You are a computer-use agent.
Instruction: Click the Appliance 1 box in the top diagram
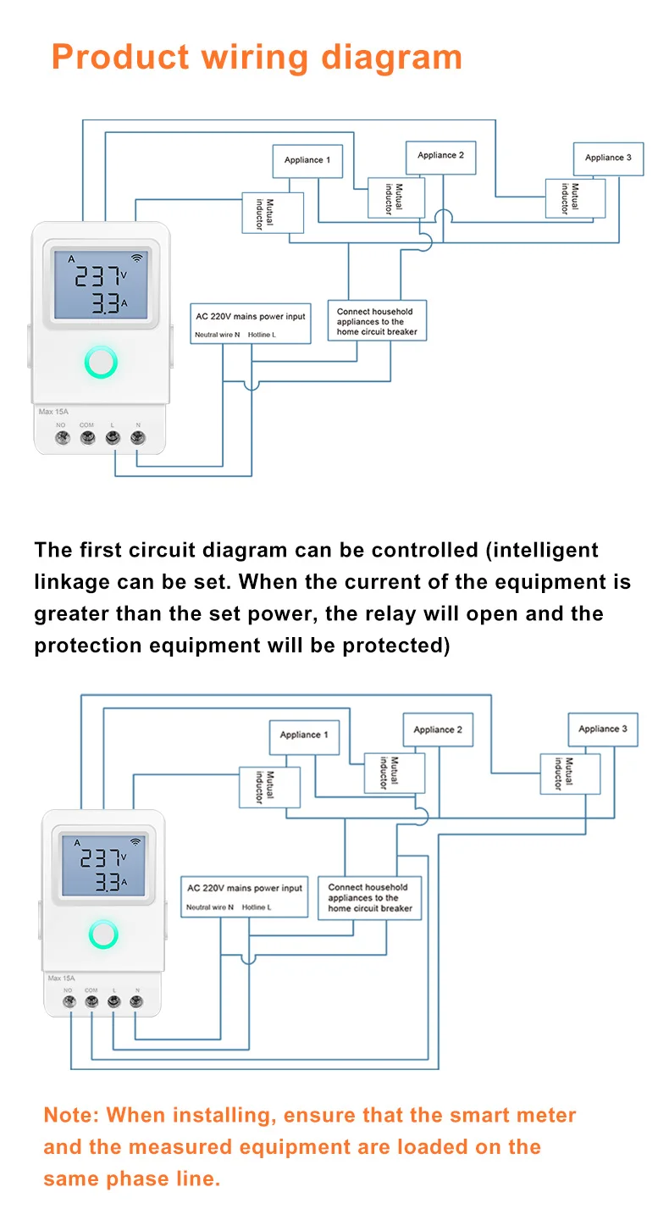[x=307, y=160]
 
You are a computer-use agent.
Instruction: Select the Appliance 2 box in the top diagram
[x=440, y=158]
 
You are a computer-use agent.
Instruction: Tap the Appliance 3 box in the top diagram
[x=608, y=158]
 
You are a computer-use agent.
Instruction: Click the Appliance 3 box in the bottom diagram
[x=603, y=729]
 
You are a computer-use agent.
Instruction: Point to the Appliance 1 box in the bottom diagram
[x=304, y=737]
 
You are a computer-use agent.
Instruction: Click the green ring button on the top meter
[x=101, y=362]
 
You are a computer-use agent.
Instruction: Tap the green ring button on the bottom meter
[x=103, y=934]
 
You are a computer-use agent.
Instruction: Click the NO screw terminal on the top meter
[x=63, y=438]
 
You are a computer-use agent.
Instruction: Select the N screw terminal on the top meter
[x=137, y=438]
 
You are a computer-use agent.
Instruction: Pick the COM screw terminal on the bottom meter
[x=91, y=1001]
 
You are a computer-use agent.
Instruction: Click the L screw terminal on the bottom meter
[x=113, y=1001]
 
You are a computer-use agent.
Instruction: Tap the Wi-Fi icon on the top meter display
[x=136, y=258]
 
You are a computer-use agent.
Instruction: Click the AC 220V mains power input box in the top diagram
[x=251, y=324]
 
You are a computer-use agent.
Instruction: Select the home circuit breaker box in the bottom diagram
[x=370, y=897]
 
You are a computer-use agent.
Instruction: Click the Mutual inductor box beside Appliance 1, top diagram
[x=273, y=213]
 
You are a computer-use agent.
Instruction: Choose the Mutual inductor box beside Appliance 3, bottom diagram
[x=570, y=774]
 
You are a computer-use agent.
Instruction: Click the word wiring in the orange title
[x=255, y=58]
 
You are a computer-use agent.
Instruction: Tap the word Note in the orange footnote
[x=68, y=1115]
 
